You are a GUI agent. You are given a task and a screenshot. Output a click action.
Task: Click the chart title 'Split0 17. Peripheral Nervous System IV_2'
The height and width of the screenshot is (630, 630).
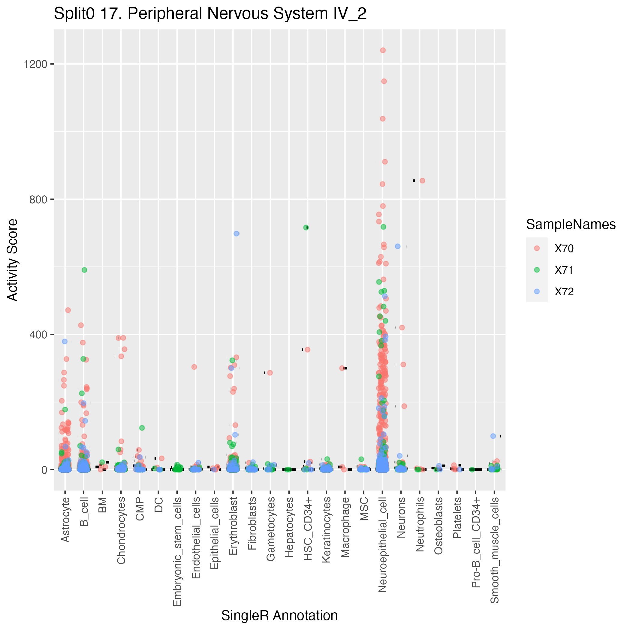click(x=210, y=14)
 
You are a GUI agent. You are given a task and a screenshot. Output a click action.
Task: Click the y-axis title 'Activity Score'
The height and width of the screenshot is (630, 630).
click(x=12, y=260)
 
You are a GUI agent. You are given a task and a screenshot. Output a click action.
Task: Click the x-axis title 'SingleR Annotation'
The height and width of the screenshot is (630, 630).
click(x=279, y=615)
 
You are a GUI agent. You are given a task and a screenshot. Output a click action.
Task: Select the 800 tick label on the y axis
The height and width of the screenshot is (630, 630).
click(x=38, y=199)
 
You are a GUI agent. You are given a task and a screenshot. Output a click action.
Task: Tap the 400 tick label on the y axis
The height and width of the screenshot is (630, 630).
click(x=38, y=335)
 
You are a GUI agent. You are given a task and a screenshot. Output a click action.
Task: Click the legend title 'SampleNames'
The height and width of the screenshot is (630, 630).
click(x=571, y=225)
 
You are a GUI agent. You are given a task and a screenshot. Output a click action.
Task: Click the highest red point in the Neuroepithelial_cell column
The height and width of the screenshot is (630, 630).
click(x=383, y=50)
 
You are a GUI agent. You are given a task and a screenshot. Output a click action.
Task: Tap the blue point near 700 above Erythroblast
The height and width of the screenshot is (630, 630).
click(x=237, y=234)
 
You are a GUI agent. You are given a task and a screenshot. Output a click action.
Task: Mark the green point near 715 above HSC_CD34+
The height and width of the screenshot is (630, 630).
click(x=306, y=228)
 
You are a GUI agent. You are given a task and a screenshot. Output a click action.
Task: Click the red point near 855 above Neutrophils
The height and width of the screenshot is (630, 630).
click(x=422, y=181)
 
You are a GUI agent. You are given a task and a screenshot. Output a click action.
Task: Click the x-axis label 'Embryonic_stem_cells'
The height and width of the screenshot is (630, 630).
click(x=177, y=551)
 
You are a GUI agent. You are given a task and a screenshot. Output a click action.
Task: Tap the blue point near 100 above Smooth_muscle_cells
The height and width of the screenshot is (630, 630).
click(x=493, y=436)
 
